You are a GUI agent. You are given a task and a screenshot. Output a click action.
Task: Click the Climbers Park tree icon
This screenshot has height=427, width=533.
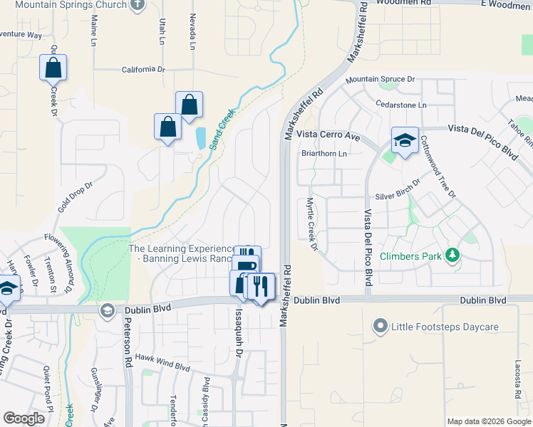click(x=451, y=255)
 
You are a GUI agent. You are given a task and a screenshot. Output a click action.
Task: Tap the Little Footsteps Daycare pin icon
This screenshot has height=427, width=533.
click(x=380, y=327)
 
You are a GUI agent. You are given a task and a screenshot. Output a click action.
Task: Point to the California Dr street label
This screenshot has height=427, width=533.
click(x=143, y=70)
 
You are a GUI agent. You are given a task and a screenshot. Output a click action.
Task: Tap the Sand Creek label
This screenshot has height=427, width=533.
click(x=222, y=127)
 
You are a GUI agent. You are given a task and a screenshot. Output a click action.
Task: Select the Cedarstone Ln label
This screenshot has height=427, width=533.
click(x=402, y=105)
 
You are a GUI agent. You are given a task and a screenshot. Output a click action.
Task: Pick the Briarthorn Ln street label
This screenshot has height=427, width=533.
click(x=324, y=153)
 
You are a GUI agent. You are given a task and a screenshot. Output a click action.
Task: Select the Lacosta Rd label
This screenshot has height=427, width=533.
click(x=518, y=384)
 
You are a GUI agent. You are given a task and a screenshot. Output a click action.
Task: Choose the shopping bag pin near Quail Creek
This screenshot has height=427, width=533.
click(x=53, y=68)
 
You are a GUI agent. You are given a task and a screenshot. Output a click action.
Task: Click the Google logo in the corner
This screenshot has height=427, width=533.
click(x=24, y=418)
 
